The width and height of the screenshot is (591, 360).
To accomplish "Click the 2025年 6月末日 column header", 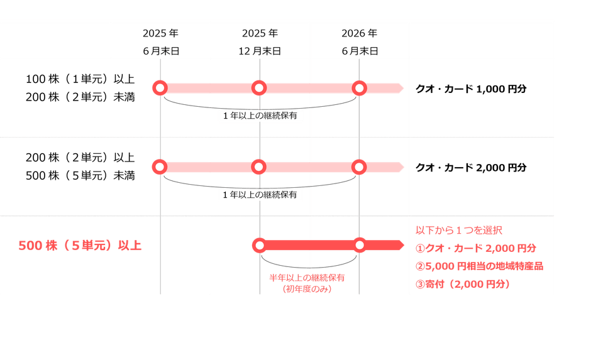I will (x=161, y=41).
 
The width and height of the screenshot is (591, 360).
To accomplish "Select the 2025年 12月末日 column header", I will (x=260, y=41).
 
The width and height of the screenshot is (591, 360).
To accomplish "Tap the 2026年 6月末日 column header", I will (x=359, y=41).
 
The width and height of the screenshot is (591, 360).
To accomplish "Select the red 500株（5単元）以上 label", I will (x=80, y=246).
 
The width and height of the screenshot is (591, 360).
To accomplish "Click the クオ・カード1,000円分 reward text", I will (x=471, y=89).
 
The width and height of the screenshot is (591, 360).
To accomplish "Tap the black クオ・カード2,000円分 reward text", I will (x=471, y=168).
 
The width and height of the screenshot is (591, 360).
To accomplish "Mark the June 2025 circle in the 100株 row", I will (x=160, y=88).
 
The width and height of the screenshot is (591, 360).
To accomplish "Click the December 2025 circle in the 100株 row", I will (x=260, y=88).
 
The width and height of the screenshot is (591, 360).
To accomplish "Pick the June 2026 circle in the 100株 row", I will (x=359, y=88).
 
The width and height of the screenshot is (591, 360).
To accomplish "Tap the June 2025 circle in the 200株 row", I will (x=160, y=166).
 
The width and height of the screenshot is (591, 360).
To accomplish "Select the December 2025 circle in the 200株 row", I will (x=260, y=166).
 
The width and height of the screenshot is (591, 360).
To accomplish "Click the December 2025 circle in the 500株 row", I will (x=260, y=245).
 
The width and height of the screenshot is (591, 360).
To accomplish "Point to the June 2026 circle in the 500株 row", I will (x=359, y=245).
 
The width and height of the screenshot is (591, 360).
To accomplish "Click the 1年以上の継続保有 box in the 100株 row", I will (x=260, y=116).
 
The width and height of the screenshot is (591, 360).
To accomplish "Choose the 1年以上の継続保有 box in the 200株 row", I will (x=260, y=195).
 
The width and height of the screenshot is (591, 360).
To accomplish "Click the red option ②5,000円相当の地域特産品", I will (x=479, y=266).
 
